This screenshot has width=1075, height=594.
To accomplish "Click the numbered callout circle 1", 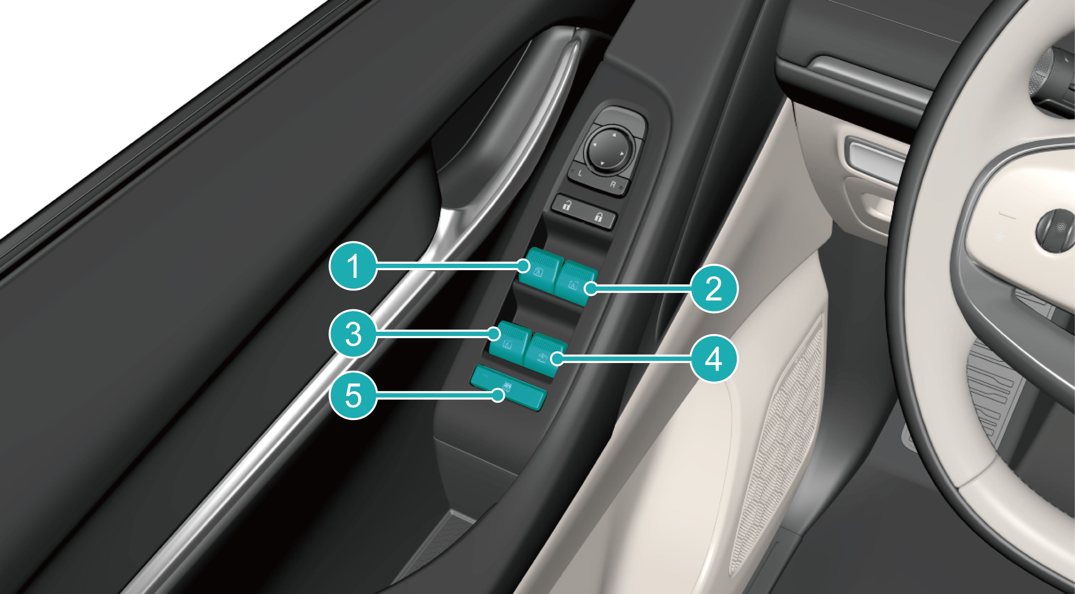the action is [353, 266].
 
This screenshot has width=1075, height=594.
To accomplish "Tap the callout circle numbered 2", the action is [714, 288].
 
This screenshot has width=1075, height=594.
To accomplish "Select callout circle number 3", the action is [353, 333].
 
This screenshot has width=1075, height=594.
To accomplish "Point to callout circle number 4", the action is [714, 358].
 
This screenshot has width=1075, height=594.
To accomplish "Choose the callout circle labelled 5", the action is [353, 395].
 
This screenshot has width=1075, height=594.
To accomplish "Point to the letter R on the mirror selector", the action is [613, 184].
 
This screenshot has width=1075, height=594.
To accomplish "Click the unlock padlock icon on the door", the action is [567, 205].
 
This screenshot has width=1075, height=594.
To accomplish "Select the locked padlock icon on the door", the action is [598, 217].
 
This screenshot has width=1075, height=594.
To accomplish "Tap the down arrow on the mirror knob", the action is [602, 162].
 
